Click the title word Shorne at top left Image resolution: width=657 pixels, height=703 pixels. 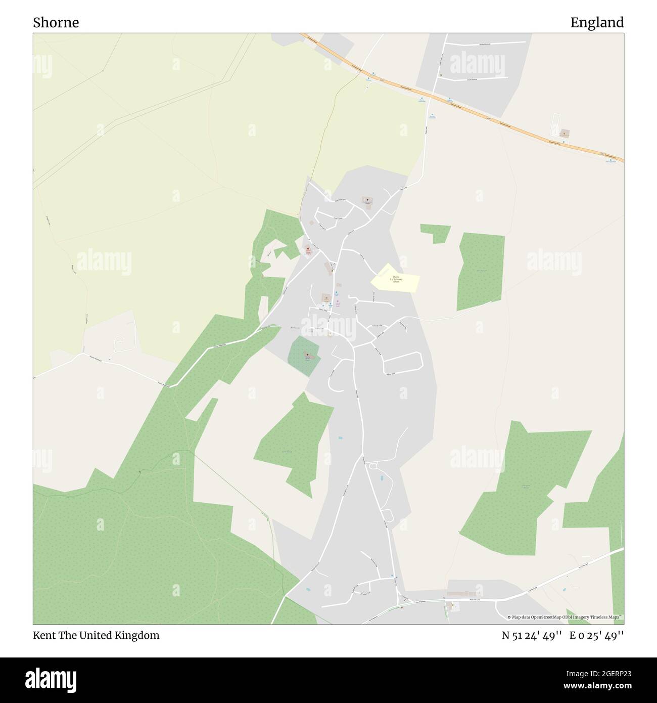pos(56,22)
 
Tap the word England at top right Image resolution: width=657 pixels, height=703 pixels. pos(597,22)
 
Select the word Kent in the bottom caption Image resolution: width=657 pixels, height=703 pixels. pos(43,635)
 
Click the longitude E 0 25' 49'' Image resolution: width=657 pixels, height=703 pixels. pos(597,635)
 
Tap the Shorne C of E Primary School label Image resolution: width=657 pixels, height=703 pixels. pos(395,279)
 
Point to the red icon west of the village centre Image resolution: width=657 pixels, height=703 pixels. pos(308,248)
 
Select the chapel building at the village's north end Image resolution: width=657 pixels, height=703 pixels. pos(366,201)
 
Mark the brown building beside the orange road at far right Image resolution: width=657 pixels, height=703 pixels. pos(564,134)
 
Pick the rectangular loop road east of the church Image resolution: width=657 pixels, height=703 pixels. pos(403,363)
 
